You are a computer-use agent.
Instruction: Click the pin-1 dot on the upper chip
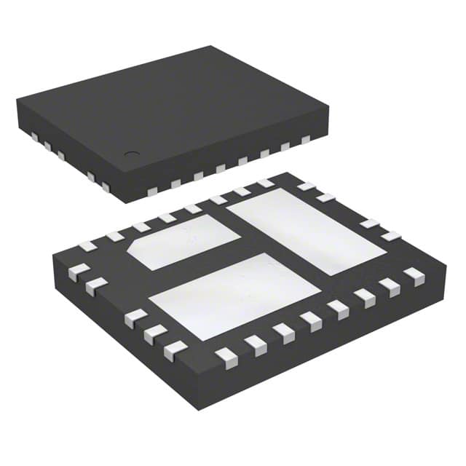pos(131,154)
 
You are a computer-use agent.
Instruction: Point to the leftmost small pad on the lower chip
pos(74,273)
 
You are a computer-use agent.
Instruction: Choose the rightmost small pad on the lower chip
pos(414,275)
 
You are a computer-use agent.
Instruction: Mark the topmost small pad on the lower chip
pos(266,183)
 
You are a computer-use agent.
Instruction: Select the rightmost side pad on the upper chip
pos(306,138)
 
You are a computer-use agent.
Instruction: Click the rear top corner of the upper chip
pos(213,47)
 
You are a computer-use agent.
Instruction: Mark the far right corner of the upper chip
pos(328,111)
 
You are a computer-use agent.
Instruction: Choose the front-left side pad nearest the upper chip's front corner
pos(105,188)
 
